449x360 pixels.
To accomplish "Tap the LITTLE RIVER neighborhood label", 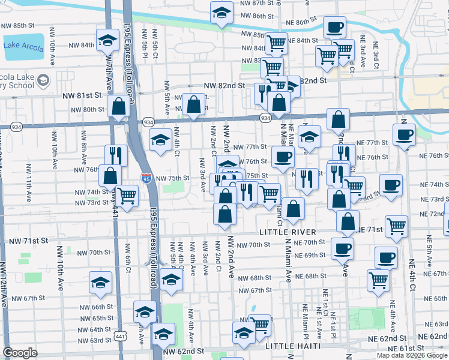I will pyautogui.click(x=283, y=232).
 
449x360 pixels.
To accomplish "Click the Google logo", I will pyautogui.click(x=20, y=353).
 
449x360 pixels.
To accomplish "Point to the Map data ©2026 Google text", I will pyautogui.click(x=412, y=355).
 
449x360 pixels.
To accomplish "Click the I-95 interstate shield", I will pyautogui.click(x=146, y=178).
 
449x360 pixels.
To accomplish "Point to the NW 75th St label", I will pyautogui.click(x=173, y=179).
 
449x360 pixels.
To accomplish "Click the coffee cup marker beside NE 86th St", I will pyautogui.click(x=334, y=27).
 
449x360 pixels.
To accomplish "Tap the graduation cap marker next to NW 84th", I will pyautogui.click(x=107, y=41).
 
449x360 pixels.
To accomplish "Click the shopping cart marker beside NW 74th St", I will pyautogui.click(x=127, y=195).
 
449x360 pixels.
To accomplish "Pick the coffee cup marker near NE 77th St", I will pyautogui.click(x=404, y=134).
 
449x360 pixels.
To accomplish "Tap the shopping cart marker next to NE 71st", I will pyautogui.click(x=397, y=227).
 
